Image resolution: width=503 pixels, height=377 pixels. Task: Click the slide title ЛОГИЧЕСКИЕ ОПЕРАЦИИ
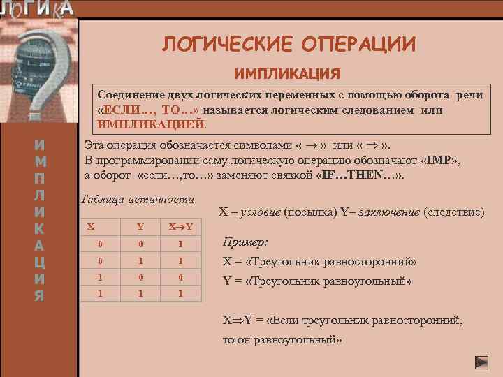coord(289,45)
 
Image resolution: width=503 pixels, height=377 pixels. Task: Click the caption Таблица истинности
coord(138,199)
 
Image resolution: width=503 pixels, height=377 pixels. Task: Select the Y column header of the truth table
coord(140,227)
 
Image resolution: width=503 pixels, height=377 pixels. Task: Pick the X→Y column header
coord(180,227)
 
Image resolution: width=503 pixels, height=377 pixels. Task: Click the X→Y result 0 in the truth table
coord(180,277)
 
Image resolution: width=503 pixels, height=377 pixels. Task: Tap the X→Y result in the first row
coord(180,244)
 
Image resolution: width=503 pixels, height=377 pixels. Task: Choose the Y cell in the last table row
coord(140,294)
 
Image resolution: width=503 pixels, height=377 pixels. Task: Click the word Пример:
coord(245,242)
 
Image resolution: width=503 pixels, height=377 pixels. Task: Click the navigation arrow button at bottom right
coord(481,362)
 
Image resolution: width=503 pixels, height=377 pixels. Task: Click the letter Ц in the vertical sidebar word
coord(41,263)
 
